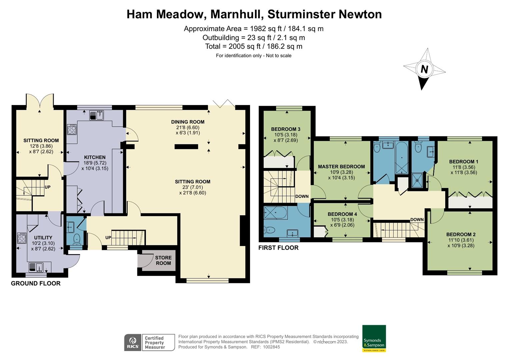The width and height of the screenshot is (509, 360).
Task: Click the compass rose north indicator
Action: [x=424, y=69]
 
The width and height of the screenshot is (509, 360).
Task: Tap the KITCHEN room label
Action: [x=95, y=157]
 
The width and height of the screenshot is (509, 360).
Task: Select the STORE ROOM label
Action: [x=163, y=260]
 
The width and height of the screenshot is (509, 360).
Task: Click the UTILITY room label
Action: [x=43, y=238]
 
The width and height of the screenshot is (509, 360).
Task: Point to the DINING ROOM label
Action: [x=188, y=122]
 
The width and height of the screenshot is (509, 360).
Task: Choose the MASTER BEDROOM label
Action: [x=341, y=167]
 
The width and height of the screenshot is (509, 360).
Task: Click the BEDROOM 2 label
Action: [x=461, y=235]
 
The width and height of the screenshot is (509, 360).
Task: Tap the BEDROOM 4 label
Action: [x=342, y=214]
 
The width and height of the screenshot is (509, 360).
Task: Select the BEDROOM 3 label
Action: [x=286, y=129]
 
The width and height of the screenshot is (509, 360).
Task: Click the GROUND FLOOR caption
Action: [x=36, y=284]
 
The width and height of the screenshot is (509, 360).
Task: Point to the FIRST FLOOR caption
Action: [x=278, y=248]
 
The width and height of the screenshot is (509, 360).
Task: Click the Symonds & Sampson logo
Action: [x=374, y=338]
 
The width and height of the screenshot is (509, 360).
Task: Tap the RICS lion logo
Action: [x=133, y=342]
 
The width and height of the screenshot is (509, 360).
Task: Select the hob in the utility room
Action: [x=22, y=238]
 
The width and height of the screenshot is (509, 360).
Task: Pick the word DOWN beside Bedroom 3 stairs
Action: [x=302, y=196]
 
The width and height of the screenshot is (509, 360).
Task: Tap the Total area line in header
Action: [x=254, y=46]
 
